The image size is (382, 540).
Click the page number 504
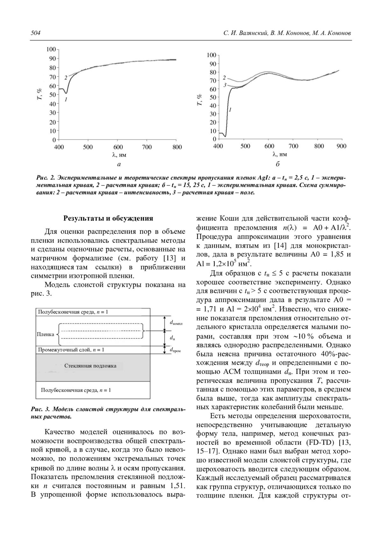coord(35,33)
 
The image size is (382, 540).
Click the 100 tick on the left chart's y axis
coord(51,49)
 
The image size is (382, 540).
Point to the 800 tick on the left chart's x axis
coord(177,147)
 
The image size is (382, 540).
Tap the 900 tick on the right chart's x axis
coord(341,146)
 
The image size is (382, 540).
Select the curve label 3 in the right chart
coord(225,85)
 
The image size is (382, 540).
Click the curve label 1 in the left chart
coord(66,100)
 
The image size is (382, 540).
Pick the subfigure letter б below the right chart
coord(278,164)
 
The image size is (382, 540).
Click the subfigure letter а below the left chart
coord(119,165)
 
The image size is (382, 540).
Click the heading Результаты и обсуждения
coord(108,218)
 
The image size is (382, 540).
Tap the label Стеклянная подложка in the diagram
coord(90,366)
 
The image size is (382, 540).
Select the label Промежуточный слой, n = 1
coord(71,350)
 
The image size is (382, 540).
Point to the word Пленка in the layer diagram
coord(46,334)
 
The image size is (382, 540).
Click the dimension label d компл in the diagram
coord(176,323)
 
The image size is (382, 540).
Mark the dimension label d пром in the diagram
coord(175,350)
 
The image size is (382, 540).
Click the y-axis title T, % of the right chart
coord(200,100)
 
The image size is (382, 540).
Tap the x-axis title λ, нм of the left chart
coord(119,155)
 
